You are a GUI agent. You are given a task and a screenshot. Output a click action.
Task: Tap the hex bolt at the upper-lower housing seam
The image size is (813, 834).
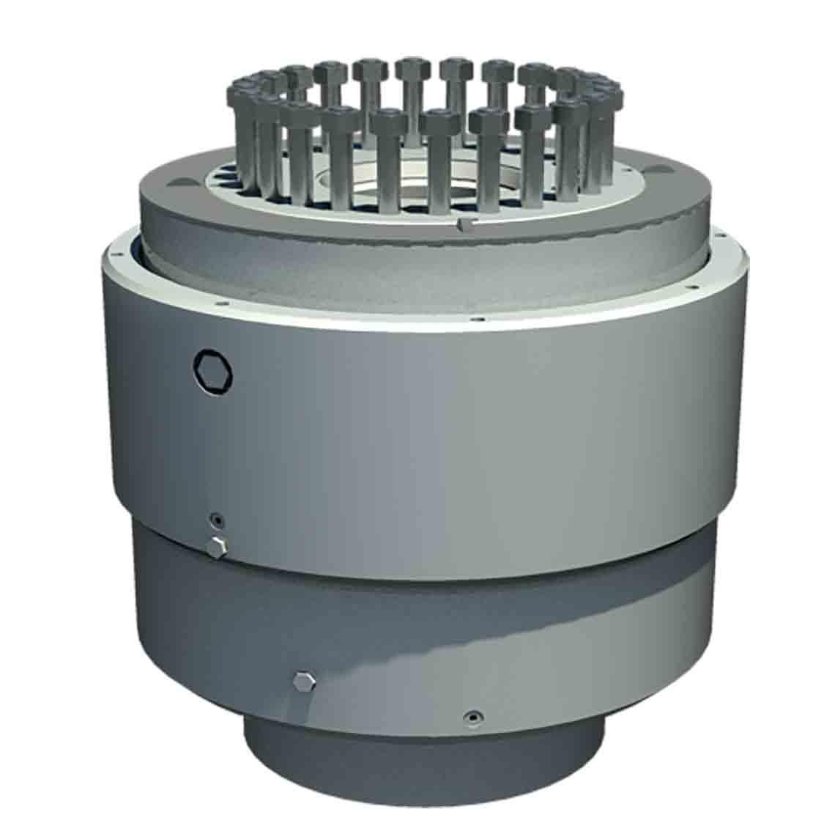click(x=218, y=546)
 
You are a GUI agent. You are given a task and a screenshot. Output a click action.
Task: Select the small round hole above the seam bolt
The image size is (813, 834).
click(x=216, y=521)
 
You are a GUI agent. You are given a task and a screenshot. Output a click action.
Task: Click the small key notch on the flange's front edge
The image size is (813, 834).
click(x=461, y=223)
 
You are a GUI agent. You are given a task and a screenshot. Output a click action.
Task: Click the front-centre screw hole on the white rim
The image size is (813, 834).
click(x=478, y=319)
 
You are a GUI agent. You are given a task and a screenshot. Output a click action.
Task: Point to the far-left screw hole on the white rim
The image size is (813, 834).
click(x=116, y=256)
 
